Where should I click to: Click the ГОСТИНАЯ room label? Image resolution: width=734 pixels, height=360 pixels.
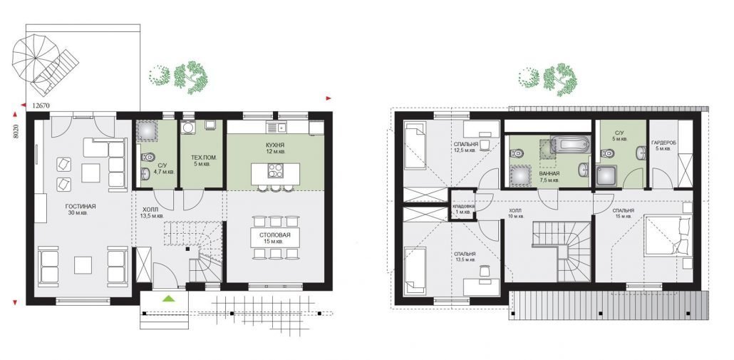click(x=81, y=206)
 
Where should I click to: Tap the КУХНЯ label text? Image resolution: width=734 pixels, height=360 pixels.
click(x=275, y=145)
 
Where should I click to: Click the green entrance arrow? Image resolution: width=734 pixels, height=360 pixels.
click(x=168, y=298)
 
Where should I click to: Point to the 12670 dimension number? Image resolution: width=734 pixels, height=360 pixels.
click(x=41, y=106)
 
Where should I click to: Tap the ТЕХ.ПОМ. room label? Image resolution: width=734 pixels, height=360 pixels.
click(x=202, y=158)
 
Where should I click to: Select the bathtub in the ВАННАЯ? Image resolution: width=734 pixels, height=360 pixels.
click(x=570, y=144)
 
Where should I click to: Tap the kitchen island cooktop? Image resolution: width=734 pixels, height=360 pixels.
click(x=276, y=171)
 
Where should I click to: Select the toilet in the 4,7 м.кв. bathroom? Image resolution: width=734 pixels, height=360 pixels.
click(x=147, y=157)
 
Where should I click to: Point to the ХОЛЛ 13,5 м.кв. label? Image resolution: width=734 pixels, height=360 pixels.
click(x=150, y=213)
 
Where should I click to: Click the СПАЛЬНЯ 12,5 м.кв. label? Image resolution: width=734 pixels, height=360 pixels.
click(x=466, y=147)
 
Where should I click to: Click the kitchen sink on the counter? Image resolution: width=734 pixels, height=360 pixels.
click(x=279, y=127)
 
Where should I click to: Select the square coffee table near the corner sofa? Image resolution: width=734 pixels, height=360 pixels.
click(x=91, y=173)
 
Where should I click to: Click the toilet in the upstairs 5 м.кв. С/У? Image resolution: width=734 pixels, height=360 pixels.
click(x=608, y=153)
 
